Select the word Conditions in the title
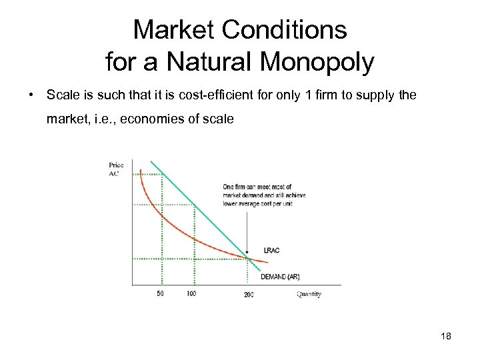point(287,29)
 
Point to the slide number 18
point(445,337)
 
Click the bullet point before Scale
point(31,95)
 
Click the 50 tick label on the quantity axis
point(160,293)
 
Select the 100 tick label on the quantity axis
point(191,293)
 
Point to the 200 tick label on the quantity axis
point(249,294)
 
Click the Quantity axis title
point(308,293)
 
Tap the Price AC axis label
point(116,168)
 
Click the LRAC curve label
point(271,251)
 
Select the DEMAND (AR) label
point(280,277)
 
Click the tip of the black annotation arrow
point(248,257)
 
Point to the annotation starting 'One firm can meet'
point(257,195)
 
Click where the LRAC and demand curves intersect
point(249,259)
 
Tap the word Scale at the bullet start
point(61,95)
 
